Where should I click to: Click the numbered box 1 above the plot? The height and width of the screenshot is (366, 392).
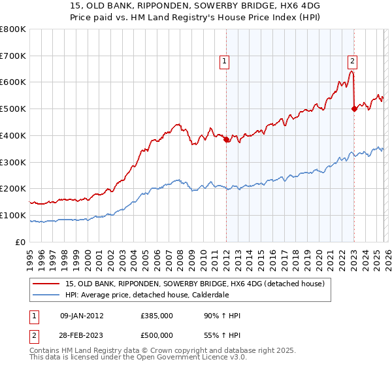(224, 61)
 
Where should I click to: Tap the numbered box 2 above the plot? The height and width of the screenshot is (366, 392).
(352, 61)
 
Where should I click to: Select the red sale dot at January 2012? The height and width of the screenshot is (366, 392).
(226, 139)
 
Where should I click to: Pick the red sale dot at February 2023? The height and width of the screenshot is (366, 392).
(354, 109)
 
